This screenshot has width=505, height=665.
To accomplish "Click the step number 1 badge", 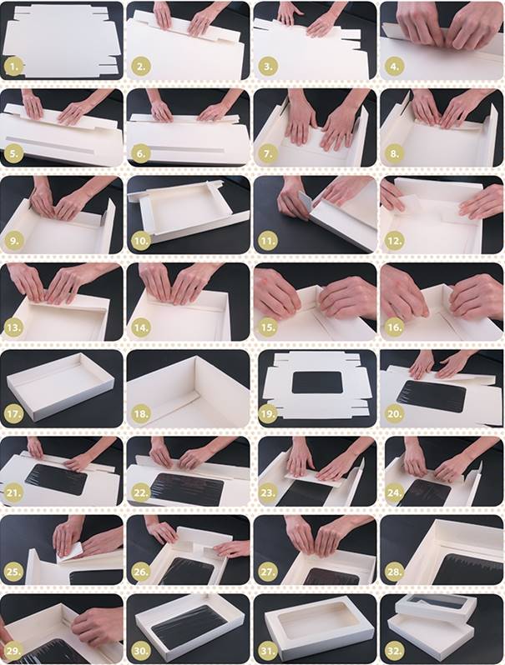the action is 14,67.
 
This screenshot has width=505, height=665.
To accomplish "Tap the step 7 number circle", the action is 268,153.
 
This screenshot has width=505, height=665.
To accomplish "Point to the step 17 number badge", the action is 14,413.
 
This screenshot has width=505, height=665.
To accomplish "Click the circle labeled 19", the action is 268,413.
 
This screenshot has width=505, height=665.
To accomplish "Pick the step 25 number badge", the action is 14,572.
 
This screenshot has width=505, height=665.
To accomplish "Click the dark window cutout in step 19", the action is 317,382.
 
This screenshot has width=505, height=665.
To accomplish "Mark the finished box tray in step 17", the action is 61,386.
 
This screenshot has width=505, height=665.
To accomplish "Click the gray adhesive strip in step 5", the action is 50,145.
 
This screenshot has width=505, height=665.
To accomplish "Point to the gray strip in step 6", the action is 186,149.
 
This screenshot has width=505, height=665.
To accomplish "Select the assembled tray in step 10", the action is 187,211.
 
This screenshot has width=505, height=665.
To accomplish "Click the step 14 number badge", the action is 141,327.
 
